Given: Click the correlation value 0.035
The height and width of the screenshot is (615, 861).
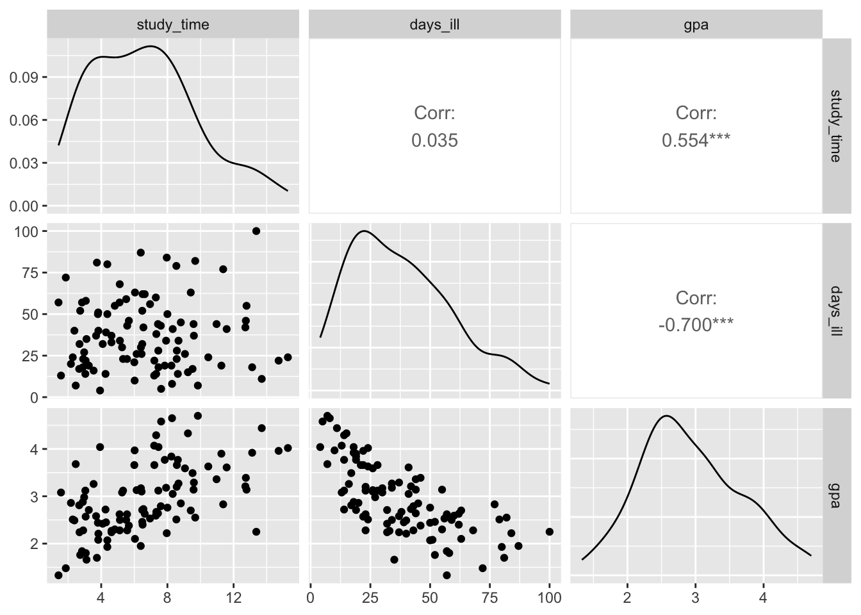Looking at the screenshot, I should [434, 140].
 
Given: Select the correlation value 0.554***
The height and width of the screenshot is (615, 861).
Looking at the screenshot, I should [696, 140].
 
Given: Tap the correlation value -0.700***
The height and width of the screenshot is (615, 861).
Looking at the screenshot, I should [696, 325].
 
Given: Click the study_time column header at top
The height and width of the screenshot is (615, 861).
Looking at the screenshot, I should [173, 25].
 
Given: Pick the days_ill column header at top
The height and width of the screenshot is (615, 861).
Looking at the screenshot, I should [434, 25].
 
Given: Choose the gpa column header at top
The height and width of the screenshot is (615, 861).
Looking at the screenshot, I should [696, 25].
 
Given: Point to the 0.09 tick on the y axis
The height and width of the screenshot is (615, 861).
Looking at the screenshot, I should [28, 78].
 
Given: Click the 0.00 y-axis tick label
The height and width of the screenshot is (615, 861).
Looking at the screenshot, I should [28, 206].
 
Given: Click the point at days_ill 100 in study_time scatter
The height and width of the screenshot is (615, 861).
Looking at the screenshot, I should [256, 231].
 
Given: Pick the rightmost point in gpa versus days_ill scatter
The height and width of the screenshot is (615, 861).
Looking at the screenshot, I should [549, 532].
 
